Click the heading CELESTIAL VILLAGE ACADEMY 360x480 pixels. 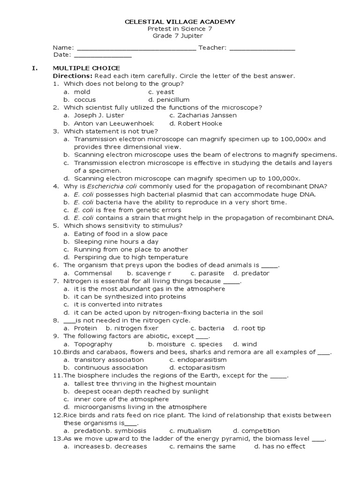click(180, 22)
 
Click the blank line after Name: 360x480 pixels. click(136, 48)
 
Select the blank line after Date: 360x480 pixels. click(104, 56)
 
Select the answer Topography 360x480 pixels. click(93, 345)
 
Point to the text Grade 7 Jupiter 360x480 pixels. click(180, 36)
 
